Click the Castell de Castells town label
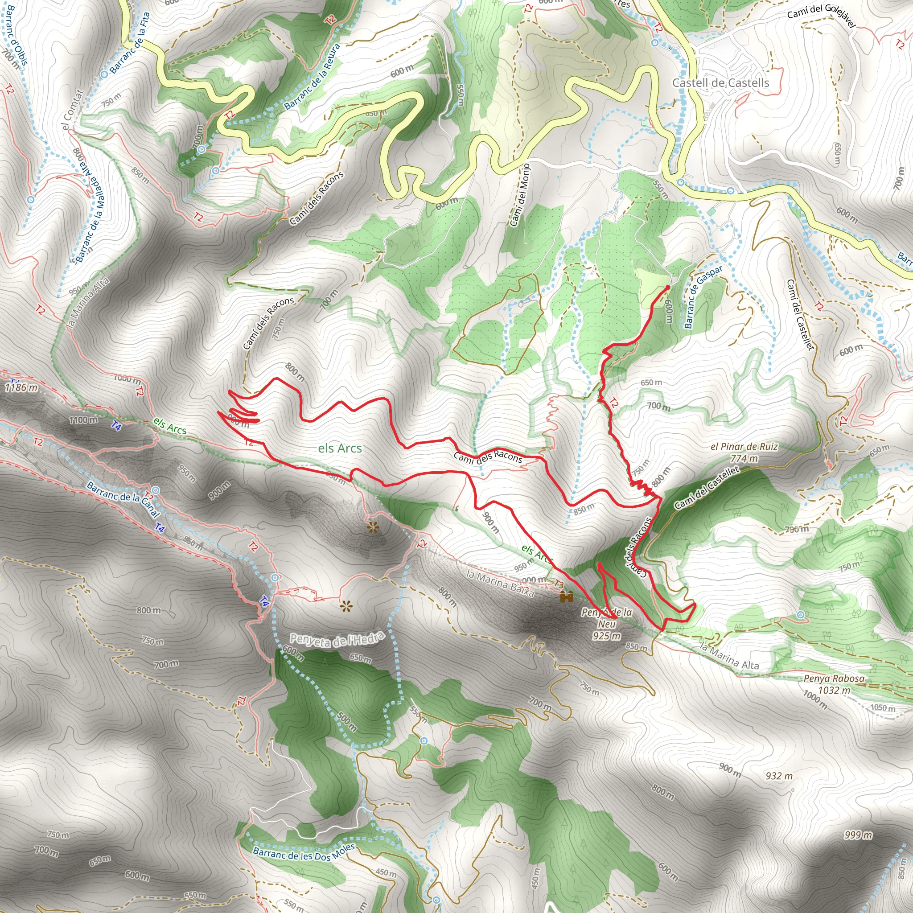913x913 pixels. pyautogui.click(x=720, y=83)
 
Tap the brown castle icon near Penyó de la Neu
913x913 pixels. pyautogui.click(x=566, y=597)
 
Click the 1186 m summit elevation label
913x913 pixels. pyautogui.click(x=21, y=387)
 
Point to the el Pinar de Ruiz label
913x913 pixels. pyautogui.click(x=744, y=447)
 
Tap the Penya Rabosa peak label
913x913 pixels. pyautogui.click(x=834, y=679)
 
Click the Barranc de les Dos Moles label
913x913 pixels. pyautogui.click(x=304, y=851)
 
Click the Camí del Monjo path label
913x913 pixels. pyautogui.click(x=520, y=195)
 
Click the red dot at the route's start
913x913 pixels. pyautogui.click(x=667, y=287)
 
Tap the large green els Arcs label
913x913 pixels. pyautogui.click(x=340, y=448)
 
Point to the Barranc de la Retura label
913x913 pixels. pyautogui.click(x=312, y=77)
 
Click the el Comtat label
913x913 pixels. pyautogui.click(x=72, y=110)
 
